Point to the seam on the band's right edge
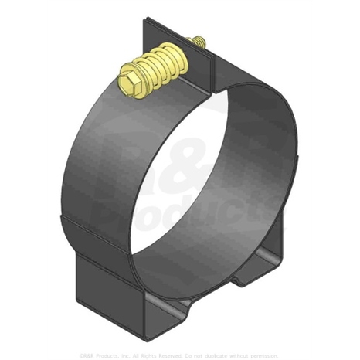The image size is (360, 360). (297, 162)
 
